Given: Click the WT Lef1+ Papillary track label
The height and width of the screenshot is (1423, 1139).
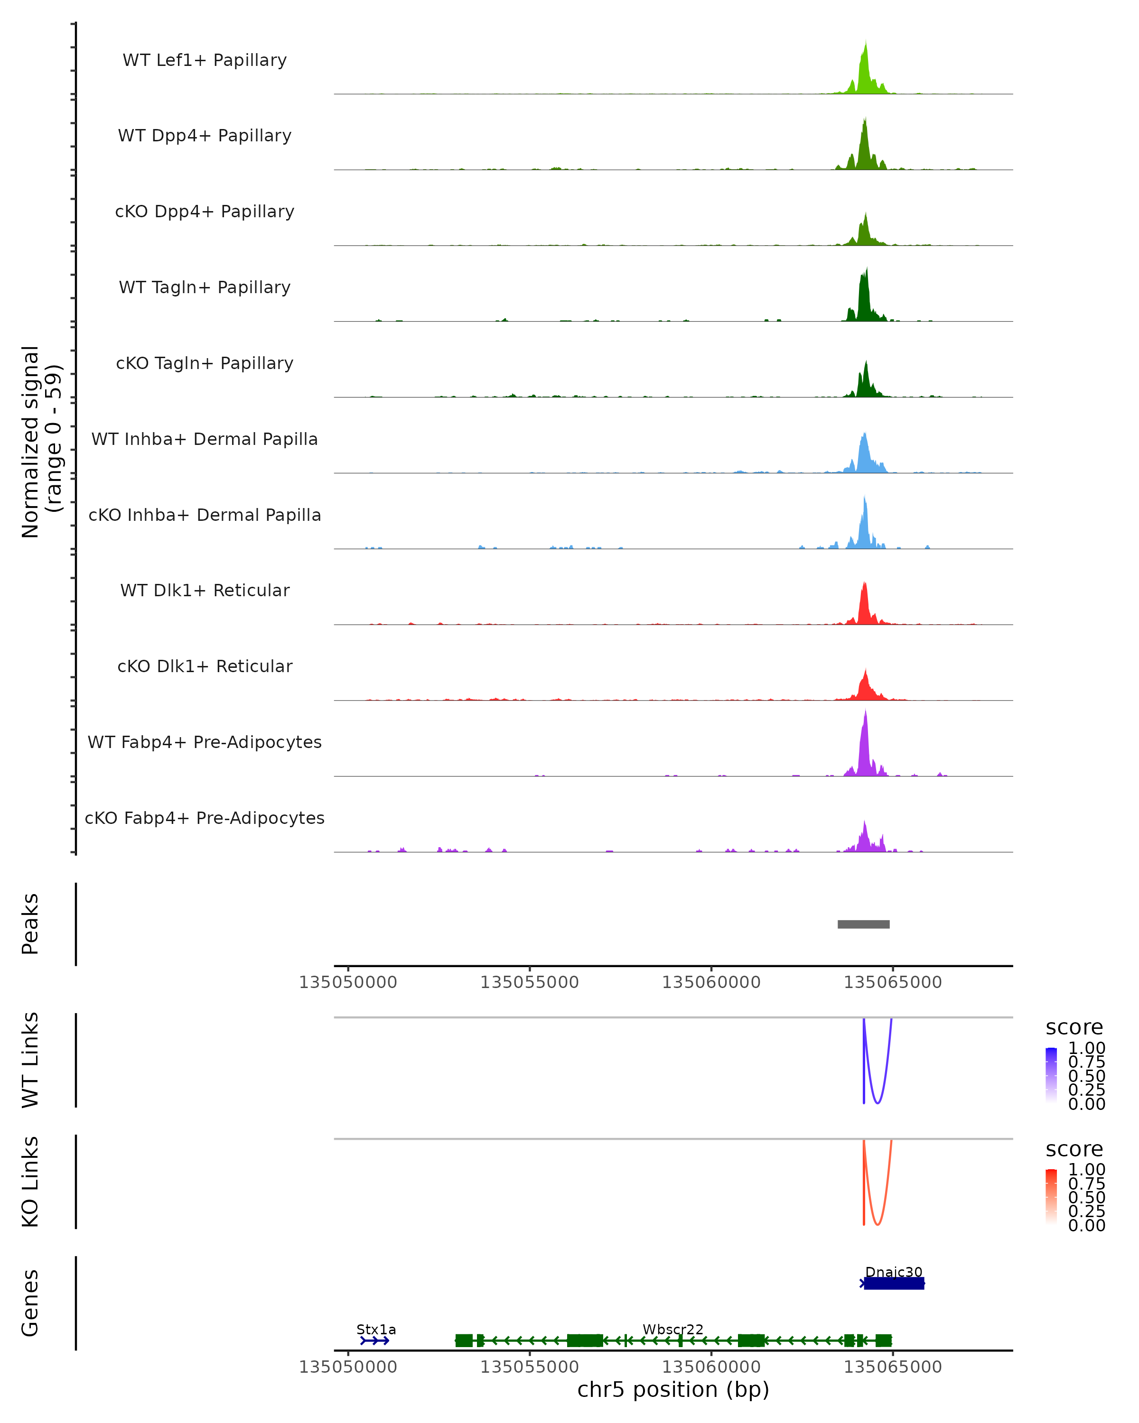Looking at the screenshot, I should [205, 60].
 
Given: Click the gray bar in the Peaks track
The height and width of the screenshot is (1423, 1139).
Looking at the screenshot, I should [863, 924].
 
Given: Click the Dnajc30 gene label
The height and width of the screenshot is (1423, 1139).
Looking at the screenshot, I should [893, 1272].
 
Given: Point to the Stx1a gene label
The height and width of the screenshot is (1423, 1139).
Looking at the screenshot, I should [376, 1329].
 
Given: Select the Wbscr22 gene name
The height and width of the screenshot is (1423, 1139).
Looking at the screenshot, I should [673, 1329].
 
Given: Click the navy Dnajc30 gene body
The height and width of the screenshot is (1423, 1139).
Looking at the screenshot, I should [893, 1283].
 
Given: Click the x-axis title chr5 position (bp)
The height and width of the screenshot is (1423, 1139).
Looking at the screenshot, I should [673, 1389].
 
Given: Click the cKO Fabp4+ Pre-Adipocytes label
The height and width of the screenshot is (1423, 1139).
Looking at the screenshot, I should [205, 818].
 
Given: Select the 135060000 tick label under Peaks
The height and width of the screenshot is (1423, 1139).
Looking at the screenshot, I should [711, 982].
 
